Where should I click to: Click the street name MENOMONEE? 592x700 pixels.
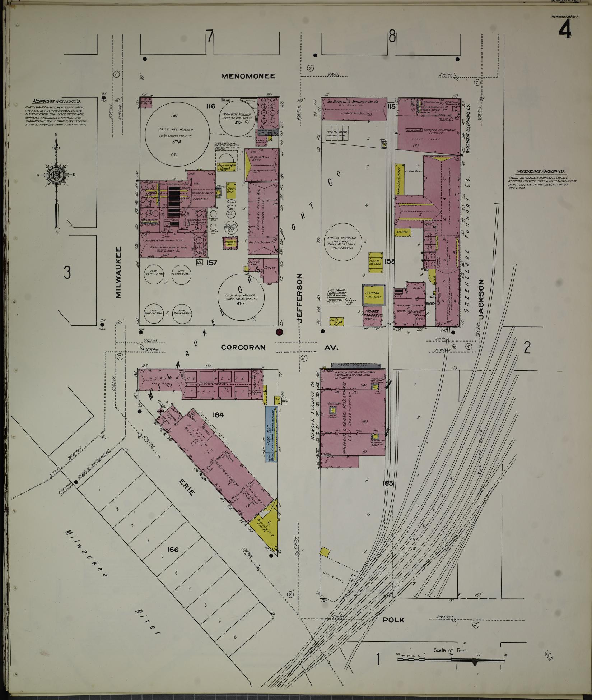(248, 76)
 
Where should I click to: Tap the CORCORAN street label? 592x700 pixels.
(243, 347)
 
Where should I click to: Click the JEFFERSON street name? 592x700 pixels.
(301, 297)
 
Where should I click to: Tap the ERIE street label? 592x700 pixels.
(186, 487)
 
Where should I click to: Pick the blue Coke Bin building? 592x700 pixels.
(271, 434)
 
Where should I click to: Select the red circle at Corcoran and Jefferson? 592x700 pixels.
(279, 332)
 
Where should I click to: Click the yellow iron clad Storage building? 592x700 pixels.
(372, 295)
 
